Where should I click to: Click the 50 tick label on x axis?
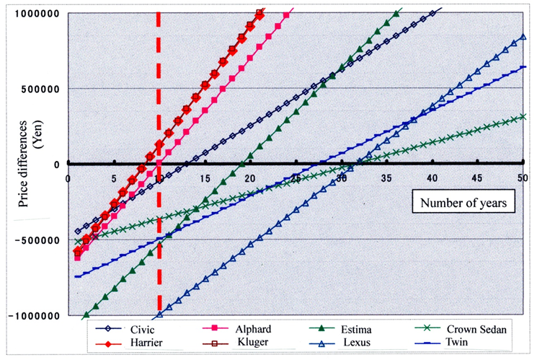click(x=521, y=178)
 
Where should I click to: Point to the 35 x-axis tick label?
click(x=386, y=178)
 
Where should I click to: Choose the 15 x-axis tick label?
click(x=204, y=178)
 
